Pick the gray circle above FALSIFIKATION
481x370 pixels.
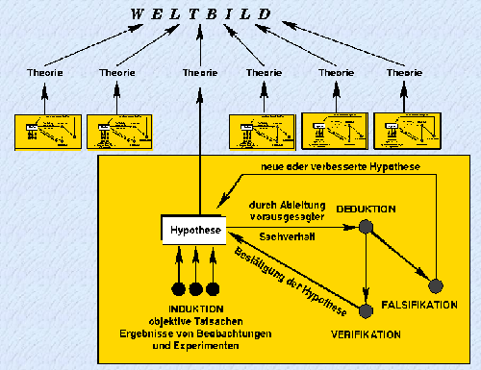coord(436,285)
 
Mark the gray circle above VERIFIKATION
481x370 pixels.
coord(365,309)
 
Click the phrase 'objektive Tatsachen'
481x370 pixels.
coord(196,321)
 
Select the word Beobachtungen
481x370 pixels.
coord(236,333)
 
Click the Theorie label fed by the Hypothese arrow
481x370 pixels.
coord(200,72)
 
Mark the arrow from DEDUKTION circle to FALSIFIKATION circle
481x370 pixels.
coord(400,256)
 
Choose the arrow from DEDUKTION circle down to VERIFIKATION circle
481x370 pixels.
coord(365,268)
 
